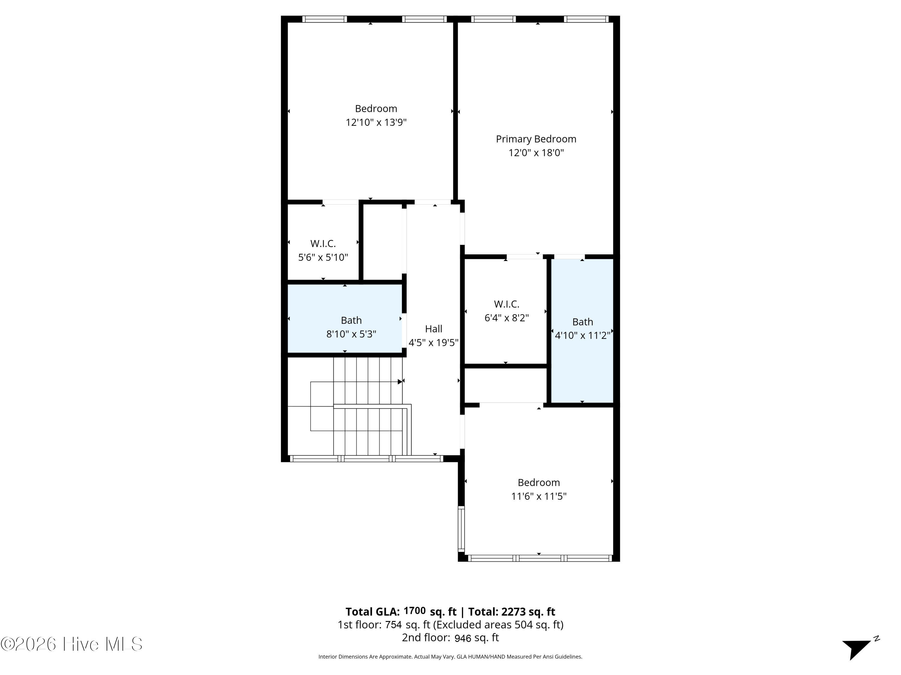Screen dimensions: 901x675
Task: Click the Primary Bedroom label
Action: tap(536, 139)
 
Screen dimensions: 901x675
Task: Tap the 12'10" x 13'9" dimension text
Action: tap(376, 122)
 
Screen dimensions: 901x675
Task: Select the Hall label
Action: tap(433, 329)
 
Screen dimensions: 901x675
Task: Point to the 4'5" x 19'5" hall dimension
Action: tap(433, 343)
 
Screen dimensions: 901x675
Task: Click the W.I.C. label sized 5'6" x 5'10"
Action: tap(323, 244)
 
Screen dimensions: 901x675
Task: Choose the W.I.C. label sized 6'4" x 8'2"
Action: tap(506, 304)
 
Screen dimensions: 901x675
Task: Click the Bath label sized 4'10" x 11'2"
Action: tap(582, 322)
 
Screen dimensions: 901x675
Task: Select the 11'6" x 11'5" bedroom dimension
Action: tap(539, 496)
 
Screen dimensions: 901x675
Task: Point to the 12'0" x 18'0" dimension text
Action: tap(536, 153)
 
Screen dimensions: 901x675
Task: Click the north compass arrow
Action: tap(857, 649)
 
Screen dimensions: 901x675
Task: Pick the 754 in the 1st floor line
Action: tap(393, 625)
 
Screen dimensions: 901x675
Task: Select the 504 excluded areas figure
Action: tap(524, 625)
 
